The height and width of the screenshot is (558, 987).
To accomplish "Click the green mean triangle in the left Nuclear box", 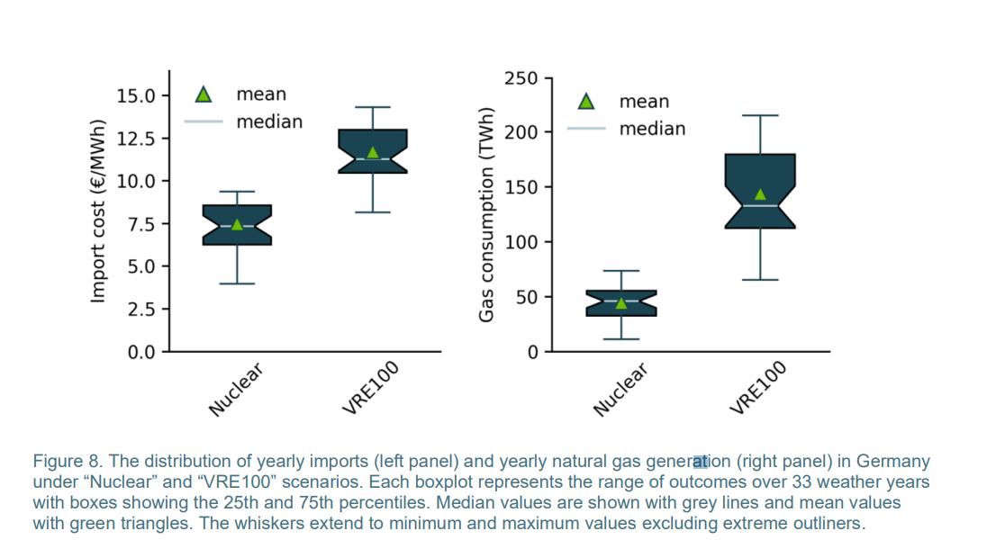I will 237,224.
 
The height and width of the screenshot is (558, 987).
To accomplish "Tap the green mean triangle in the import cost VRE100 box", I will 373,152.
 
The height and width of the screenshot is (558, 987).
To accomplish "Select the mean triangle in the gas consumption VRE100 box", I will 760,194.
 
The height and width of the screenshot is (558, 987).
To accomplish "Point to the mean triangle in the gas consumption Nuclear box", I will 621,302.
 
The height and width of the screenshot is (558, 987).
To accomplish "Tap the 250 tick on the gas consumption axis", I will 521,78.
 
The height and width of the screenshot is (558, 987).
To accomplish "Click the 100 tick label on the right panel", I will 521,242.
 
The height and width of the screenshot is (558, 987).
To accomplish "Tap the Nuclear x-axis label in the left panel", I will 236,389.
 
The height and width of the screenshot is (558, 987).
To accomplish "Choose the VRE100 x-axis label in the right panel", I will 758,387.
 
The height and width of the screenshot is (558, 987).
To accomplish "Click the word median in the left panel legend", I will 269,121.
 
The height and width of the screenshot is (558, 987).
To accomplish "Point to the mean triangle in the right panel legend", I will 586,102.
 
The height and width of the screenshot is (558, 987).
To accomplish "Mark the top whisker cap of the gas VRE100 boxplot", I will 760,115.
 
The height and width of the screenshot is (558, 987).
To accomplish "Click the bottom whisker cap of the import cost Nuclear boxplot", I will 237,283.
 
